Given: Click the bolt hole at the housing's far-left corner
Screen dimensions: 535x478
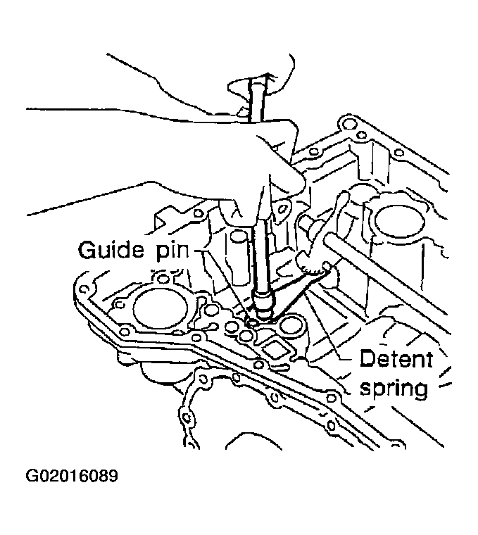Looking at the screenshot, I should click(85, 290).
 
